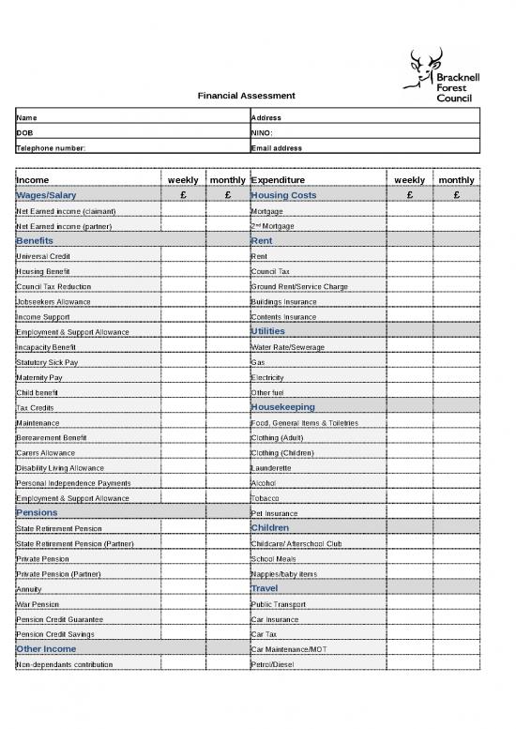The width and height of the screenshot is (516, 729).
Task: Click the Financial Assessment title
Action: [x=246, y=96]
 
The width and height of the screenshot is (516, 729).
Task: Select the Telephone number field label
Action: [x=51, y=148]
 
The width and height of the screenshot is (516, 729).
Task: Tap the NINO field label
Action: [x=262, y=133]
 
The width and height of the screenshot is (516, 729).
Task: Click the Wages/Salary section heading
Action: [x=46, y=195]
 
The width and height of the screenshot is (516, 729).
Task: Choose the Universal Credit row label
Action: [x=43, y=256]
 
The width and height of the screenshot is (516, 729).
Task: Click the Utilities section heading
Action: [x=268, y=331]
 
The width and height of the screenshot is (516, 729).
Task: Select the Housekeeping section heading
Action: [x=282, y=407]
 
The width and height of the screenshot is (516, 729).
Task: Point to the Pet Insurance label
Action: [x=276, y=513]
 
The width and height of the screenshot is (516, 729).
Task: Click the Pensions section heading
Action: [x=37, y=513]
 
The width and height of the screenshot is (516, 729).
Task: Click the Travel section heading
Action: [x=265, y=588]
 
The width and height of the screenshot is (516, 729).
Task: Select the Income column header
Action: [x=33, y=179]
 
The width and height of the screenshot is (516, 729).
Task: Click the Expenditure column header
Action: [x=279, y=179]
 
